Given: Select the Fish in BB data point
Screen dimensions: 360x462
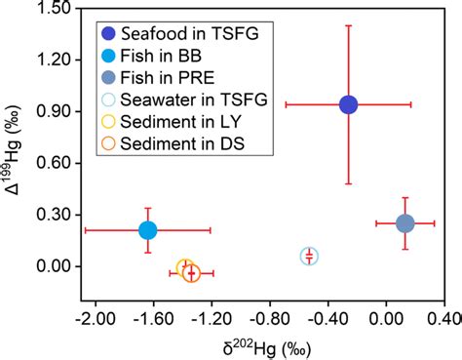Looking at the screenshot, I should [147, 230].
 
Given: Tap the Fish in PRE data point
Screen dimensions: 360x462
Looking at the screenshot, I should [405, 223].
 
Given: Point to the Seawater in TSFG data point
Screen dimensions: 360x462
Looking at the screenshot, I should [309, 257].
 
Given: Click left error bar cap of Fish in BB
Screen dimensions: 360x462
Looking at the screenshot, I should [85, 230].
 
